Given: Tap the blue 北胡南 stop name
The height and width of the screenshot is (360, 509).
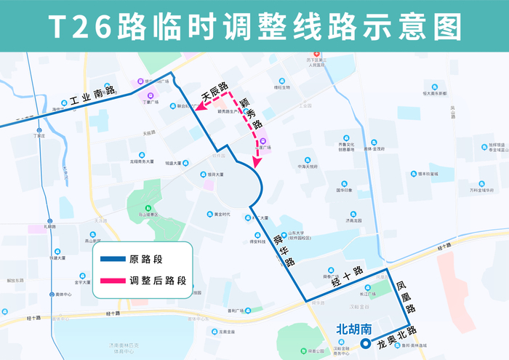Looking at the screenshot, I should (353, 328).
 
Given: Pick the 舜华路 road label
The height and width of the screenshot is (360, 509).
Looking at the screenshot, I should (281, 248).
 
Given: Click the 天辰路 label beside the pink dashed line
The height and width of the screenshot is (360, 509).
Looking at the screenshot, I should (215, 92).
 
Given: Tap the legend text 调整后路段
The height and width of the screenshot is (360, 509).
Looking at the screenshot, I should (158, 280).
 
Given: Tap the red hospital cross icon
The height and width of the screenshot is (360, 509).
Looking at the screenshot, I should (316, 55).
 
